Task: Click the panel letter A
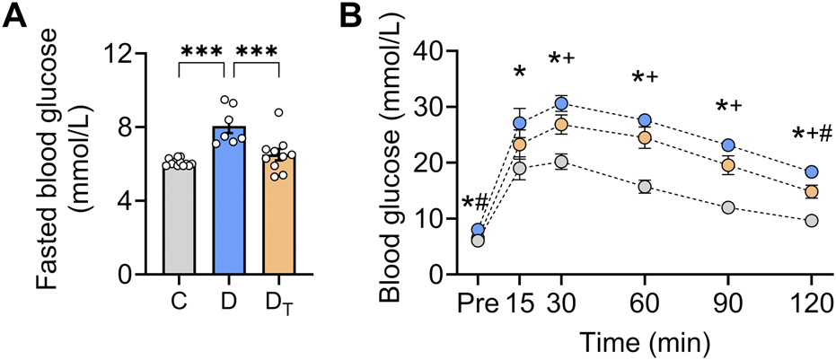[x=17, y=19]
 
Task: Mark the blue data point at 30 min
[x=561, y=103]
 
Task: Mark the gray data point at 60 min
[x=644, y=187]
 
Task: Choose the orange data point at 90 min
[x=728, y=165]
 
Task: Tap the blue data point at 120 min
[x=811, y=171]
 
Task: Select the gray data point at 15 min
[x=519, y=168]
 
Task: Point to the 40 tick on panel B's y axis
[x=430, y=53]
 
